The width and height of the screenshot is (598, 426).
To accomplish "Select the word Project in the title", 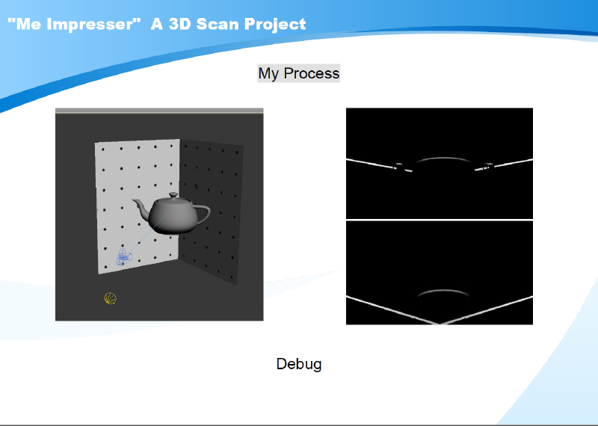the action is click(275, 25).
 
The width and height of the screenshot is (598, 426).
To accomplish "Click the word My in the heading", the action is click(269, 73).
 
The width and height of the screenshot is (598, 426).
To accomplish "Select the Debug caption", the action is click(298, 364).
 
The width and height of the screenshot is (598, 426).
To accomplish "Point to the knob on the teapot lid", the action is click(173, 195).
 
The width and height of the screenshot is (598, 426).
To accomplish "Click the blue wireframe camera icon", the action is click(123, 257).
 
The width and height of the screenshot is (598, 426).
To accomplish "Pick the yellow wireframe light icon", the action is click(110, 298).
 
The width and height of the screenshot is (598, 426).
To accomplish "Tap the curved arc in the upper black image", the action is click(443, 158).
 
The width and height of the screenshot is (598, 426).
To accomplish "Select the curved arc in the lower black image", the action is click(443, 291).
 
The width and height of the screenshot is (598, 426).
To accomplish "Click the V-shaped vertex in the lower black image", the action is click(440, 324).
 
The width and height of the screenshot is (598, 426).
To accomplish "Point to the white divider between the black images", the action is click(440, 220).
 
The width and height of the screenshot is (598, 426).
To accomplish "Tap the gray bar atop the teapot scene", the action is click(159, 111).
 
